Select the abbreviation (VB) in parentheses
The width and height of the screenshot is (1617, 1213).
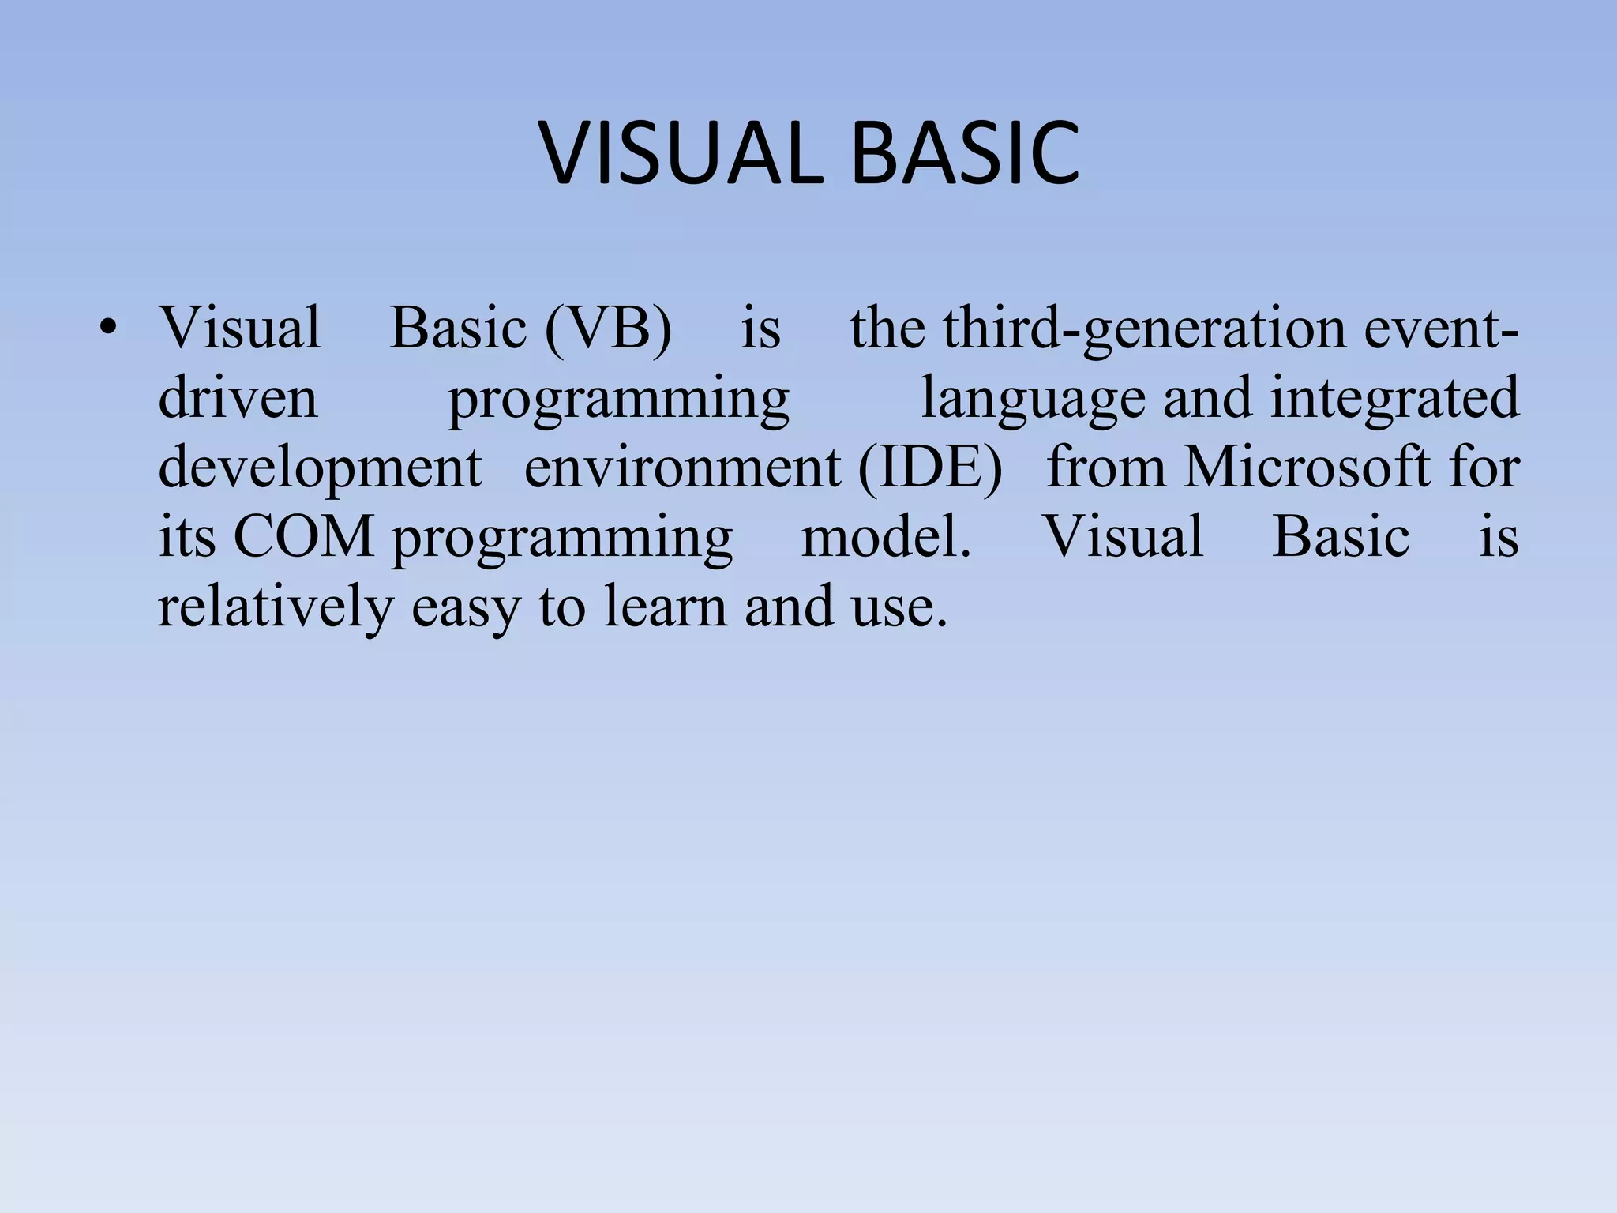608,329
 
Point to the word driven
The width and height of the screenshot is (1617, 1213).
238,398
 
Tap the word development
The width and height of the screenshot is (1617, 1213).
320,468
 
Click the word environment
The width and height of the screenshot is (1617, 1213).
683,468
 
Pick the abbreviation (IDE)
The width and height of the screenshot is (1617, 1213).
930,468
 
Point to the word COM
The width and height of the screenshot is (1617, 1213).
304,537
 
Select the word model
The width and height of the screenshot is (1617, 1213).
886,537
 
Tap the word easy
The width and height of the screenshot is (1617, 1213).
466,606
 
